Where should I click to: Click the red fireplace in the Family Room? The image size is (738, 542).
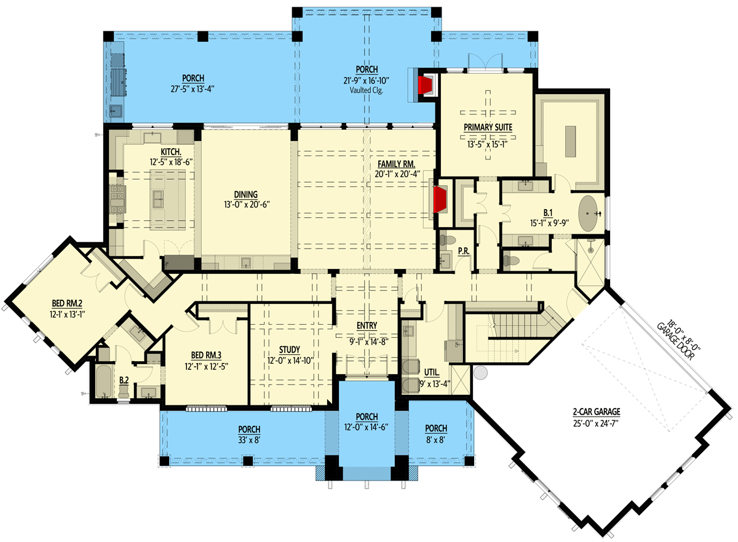[440, 199]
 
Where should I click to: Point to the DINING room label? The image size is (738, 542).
[245, 194]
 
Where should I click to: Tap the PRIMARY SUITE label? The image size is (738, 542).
[488, 127]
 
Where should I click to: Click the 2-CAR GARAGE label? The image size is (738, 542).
[594, 412]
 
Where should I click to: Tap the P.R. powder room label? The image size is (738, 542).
[464, 250]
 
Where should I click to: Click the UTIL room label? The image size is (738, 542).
[431, 372]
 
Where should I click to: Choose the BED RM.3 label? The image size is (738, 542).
[207, 356]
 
